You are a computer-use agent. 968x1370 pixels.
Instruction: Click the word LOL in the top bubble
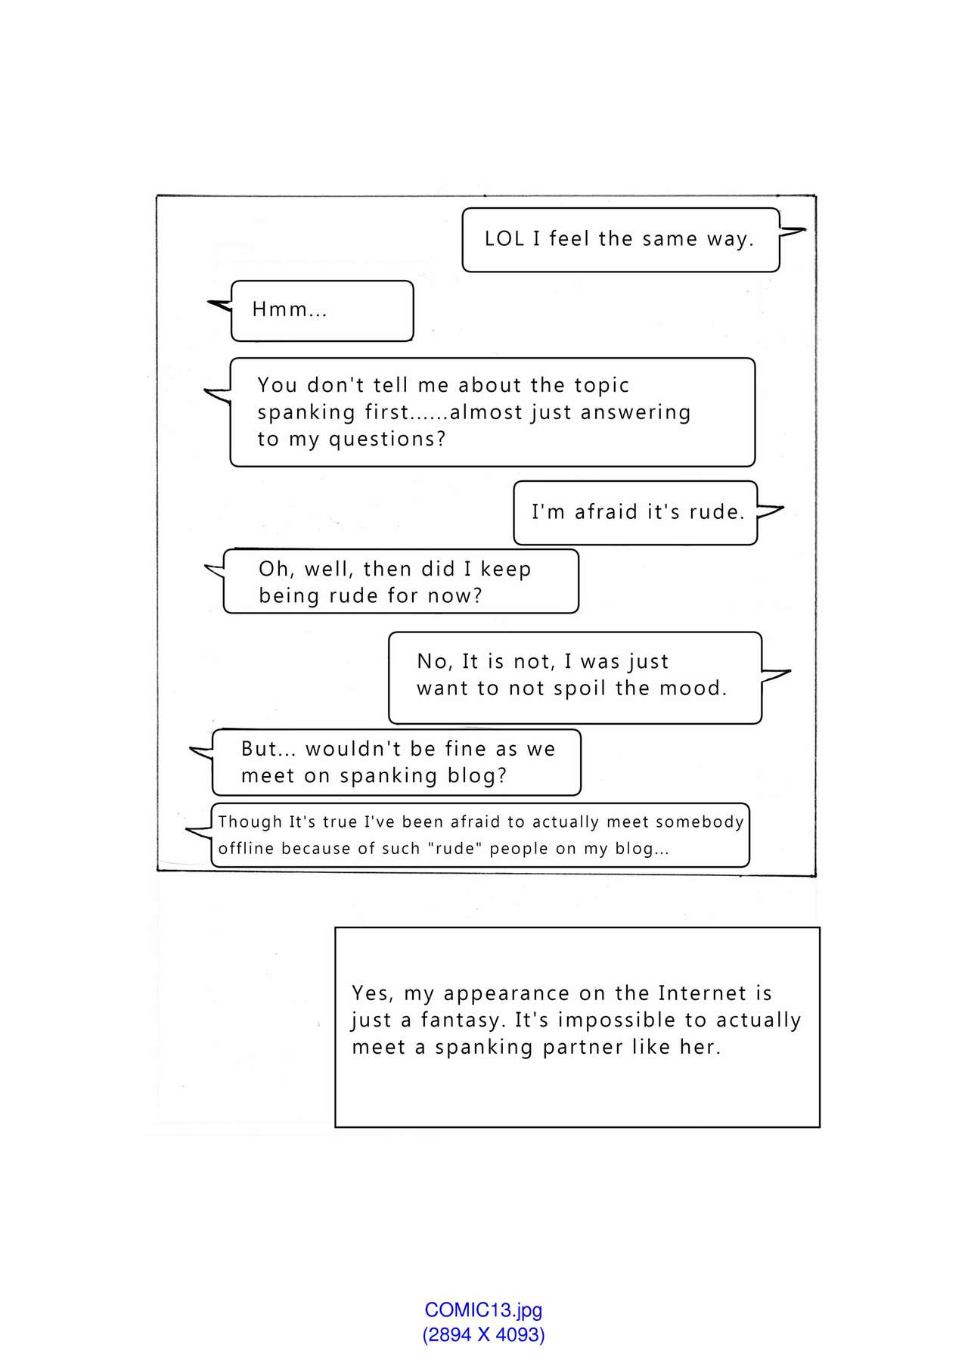coord(504,239)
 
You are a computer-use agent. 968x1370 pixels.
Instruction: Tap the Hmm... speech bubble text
coord(290,309)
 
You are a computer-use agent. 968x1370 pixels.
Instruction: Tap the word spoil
coord(581,688)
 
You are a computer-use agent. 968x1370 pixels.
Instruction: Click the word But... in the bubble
coord(268,749)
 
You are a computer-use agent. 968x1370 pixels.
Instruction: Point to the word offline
coord(246,849)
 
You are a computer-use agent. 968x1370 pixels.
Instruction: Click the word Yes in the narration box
coord(371,993)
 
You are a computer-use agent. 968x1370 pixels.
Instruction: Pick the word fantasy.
coord(461,1021)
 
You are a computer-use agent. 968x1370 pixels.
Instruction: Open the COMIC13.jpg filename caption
coord(483,1310)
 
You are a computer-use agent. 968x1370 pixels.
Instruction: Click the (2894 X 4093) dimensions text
coord(483,1334)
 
